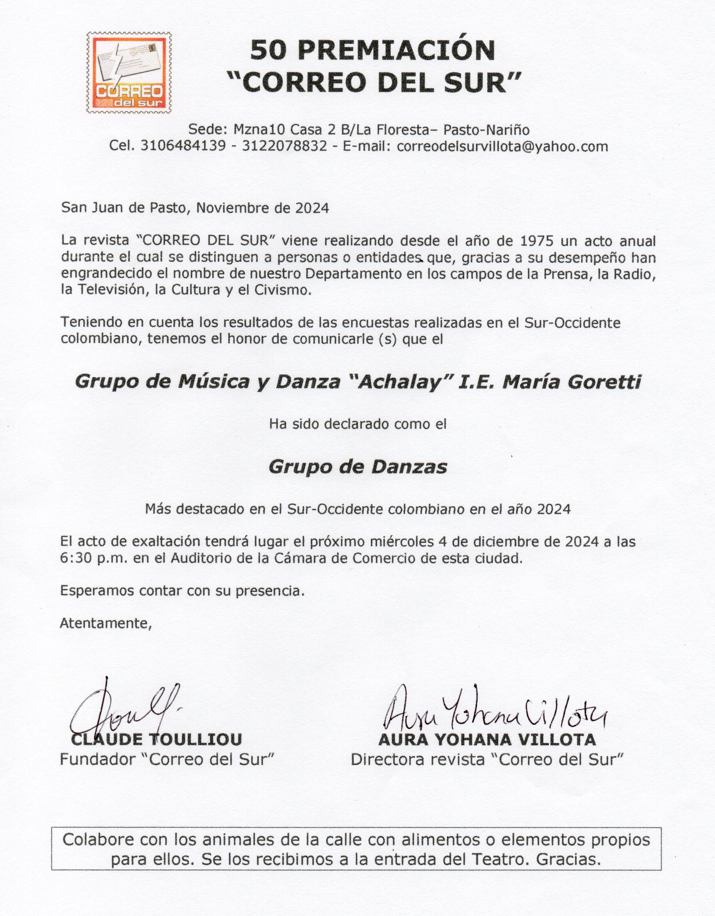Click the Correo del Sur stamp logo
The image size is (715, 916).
[x=130, y=73]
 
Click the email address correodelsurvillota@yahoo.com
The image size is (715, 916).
[x=502, y=146]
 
